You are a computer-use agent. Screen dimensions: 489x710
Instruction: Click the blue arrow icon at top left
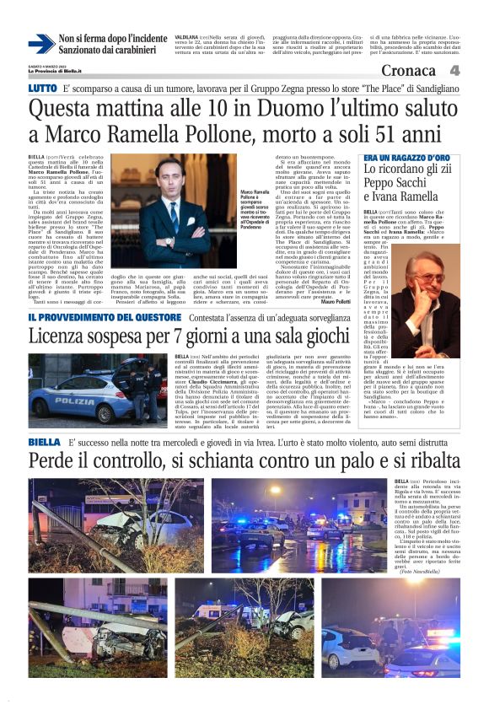click(x=40, y=45)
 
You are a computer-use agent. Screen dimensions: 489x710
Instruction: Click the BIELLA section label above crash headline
click(x=44, y=442)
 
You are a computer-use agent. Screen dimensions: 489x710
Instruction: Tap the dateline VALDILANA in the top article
click(x=186, y=37)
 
